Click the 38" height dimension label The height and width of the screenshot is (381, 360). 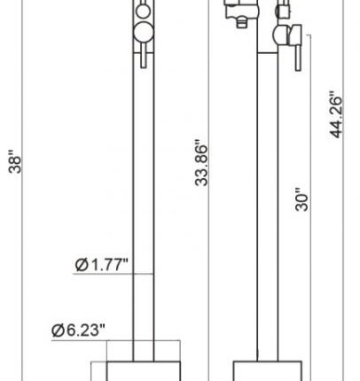(15, 161)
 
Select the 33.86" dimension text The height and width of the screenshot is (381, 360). (201, 163)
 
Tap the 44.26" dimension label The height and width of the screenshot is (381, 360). (336, 114)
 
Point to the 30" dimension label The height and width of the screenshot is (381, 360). (301, 199)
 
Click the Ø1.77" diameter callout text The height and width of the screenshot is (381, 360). (101, 264)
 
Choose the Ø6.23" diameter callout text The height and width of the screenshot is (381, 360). (78, 330)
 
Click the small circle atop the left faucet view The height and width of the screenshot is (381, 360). (143, 12)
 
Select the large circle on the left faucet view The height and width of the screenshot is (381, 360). (144, 33)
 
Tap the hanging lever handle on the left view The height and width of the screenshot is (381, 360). (144, 56)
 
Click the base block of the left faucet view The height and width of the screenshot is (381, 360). (144, 371)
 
